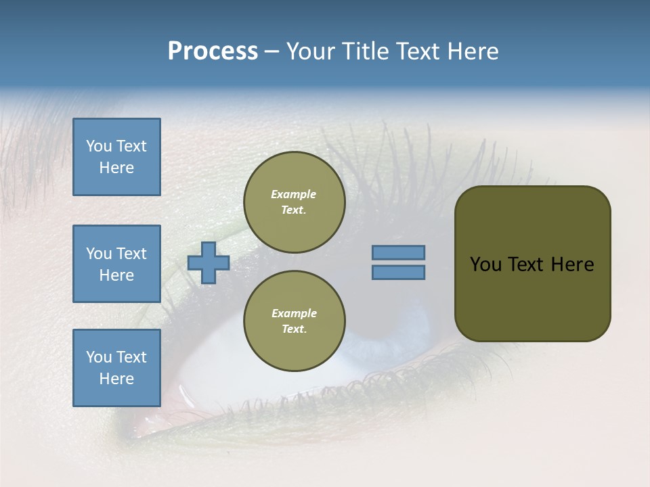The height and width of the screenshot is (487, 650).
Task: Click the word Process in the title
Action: [x=213, y=51]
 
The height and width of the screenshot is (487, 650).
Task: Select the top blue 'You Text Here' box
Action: [x=116, y=157]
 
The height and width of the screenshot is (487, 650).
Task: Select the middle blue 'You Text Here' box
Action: [x=116, y=264]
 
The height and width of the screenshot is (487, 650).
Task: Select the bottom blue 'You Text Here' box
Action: [x=116, y=368]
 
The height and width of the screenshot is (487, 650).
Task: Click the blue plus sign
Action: [x=209, y=262]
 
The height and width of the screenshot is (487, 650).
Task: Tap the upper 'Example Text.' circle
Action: [x=294, y=202]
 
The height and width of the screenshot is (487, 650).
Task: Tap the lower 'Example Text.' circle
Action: [x=294, y=321]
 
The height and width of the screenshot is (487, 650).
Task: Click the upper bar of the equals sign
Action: [x=399, y=252]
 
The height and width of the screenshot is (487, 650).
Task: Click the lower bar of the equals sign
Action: [x=399, y=273]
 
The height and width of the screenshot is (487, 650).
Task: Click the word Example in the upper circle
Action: [x=294, y=194]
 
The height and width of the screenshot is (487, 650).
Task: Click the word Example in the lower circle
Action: [x=294, y=313]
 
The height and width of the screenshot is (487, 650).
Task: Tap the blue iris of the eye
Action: [x=406, y=325]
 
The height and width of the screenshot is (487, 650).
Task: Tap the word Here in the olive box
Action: [x=572, y=264]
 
